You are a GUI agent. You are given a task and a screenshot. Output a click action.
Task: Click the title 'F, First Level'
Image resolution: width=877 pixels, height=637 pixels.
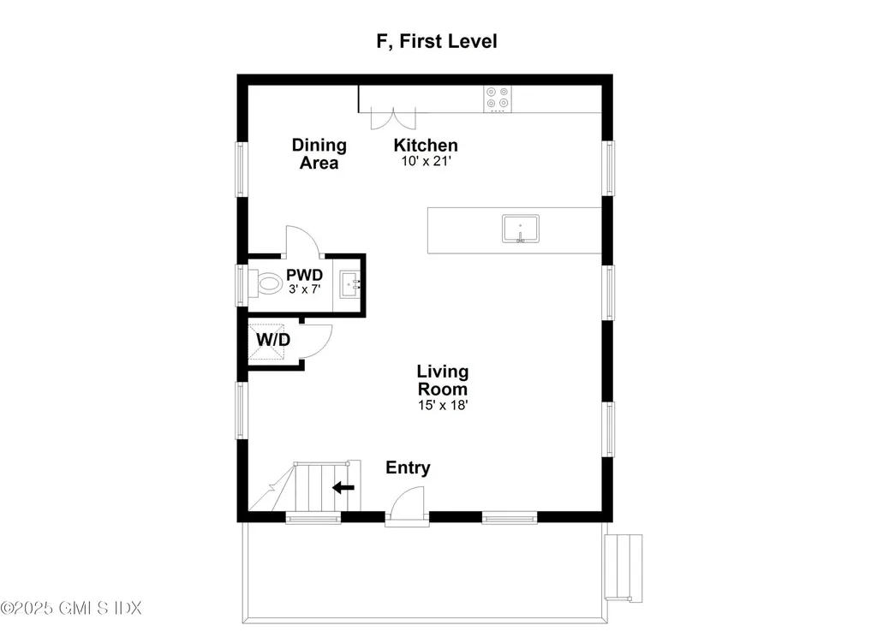point(437,41)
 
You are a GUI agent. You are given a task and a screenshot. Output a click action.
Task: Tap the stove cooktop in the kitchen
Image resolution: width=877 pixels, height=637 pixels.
point(498,99)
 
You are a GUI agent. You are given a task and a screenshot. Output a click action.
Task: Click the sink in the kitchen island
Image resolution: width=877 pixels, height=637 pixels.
point(520,229)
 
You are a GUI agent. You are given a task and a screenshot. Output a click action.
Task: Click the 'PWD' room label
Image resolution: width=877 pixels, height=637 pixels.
point(304,275)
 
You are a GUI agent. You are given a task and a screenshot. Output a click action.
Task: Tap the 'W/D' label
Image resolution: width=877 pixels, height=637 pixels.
point(273,339)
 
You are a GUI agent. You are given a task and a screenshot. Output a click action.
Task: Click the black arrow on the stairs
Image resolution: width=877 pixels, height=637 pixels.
point(343,488)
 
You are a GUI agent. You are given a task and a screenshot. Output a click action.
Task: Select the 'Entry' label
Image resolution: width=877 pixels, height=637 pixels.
point(408,467)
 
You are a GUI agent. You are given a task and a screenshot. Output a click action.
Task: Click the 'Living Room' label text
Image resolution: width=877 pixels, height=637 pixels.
point(443,380)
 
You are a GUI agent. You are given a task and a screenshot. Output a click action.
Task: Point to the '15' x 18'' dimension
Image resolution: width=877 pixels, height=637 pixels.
point(443,405)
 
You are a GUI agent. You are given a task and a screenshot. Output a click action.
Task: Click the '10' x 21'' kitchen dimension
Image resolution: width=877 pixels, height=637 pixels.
point(426,161)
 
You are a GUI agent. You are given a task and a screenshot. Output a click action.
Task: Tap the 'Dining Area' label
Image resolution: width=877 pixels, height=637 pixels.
point(319,154)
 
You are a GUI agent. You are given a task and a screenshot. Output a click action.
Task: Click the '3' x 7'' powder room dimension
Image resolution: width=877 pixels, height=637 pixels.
point(304,289)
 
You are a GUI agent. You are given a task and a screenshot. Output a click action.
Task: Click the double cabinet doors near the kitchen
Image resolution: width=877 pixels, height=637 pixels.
point(393,118)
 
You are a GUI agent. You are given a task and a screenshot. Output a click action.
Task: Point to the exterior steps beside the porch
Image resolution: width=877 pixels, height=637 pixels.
point(623,568)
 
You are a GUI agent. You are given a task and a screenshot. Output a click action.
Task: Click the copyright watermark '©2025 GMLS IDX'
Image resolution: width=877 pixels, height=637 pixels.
point(71,608)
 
